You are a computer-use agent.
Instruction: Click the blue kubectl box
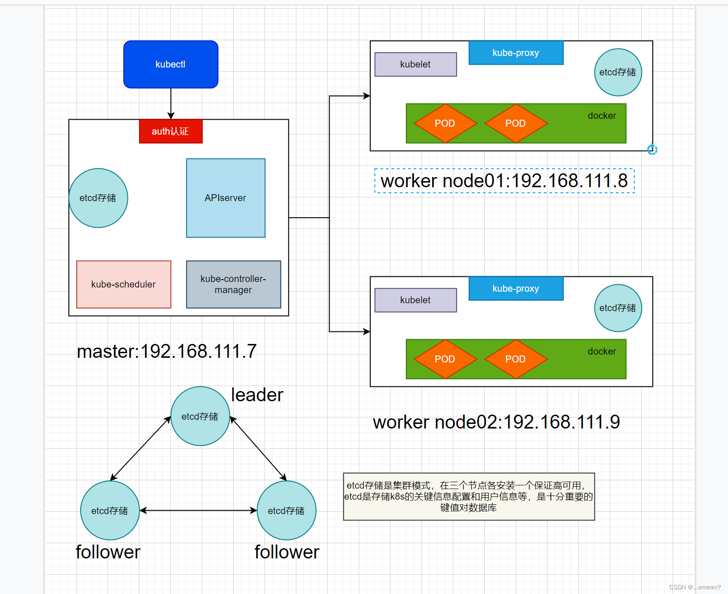pyautogui.click(x=171, y=64)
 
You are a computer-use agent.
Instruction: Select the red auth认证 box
pyautogui.click(x=171, y=131)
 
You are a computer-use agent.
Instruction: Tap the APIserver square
pyautogui.click(x=226, y=198)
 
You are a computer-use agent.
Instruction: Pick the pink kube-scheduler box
pyautogui.click(x=124, y=284)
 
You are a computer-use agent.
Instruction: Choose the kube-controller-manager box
pyautogui.click(x=234, y=284)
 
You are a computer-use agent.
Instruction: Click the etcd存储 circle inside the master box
pyautogui.click(x=98, y=198)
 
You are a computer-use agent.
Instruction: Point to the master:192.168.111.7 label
pyautogui.click(x=167, y=351)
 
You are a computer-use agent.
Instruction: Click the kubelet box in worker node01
pyautogui.click(x=415, y=64)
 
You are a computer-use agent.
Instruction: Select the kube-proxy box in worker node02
pyautogui.click(x=516, y=288)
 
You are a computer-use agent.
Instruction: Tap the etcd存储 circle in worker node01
pyautogui.click(x=618, y=72)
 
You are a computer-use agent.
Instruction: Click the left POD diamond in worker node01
pyautogui.click(x=445, y=123)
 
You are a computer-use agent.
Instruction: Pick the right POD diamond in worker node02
pyautogui.click(x=516, y=359)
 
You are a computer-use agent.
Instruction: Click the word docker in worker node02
pyautogui.click(x=602, y=351)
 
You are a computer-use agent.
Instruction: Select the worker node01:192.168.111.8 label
pyautogui.click(x=504, y=181)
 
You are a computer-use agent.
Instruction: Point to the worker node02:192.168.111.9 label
pyautogui.click(x=496, y=422)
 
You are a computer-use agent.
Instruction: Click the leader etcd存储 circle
pyautogui.click(x=200, y=416)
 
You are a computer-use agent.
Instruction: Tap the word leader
pyautogui.click(x=257, y=395)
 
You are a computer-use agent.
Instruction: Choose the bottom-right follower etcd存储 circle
pyautogui.click(x=287, y=510)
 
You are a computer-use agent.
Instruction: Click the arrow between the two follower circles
pyautogui.click(x=199, y=510)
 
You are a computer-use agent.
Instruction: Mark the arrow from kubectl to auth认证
pyautogui.click(x=171, y=103)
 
